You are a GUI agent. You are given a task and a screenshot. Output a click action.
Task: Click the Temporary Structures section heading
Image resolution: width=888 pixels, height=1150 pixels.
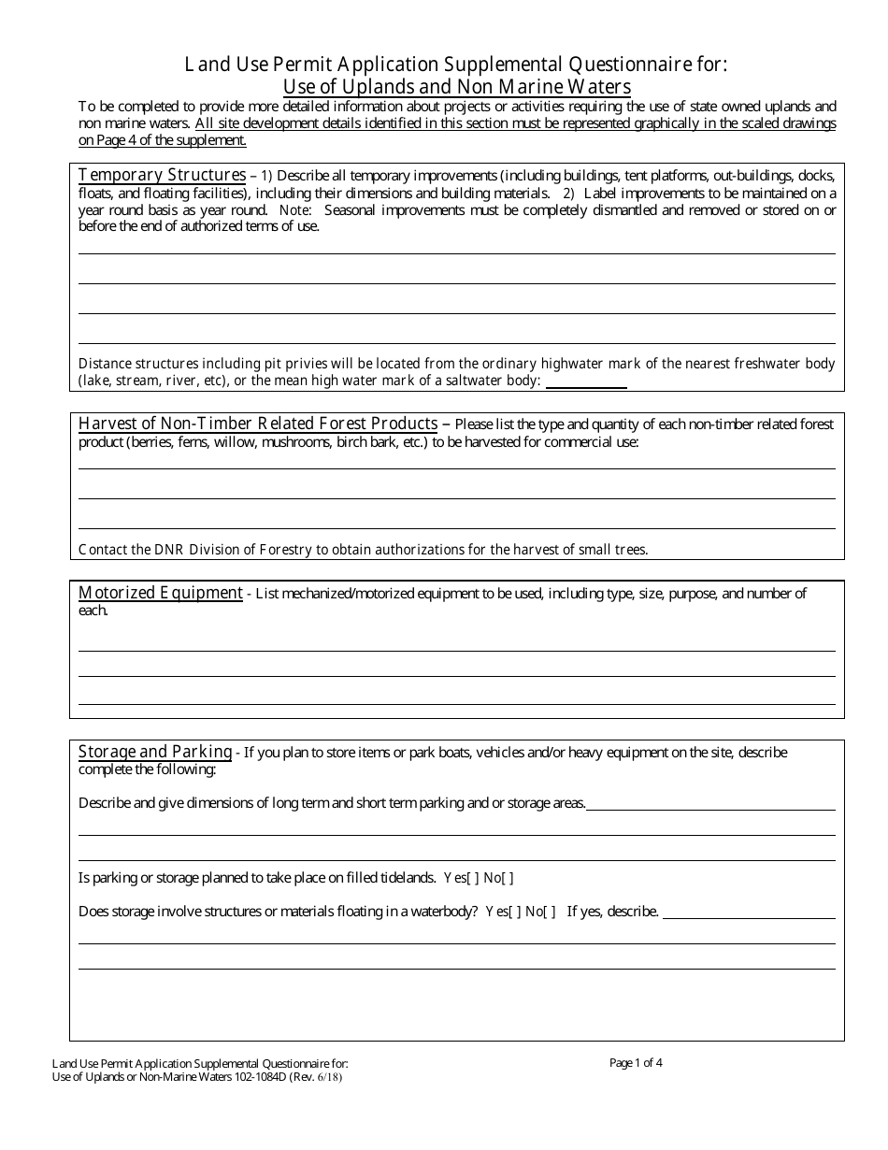[x=162, y=175]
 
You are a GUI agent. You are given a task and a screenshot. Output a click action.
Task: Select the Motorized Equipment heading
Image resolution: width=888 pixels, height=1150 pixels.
[x=160, y=593]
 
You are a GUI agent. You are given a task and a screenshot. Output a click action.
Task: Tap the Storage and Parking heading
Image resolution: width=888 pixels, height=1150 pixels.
[x=155, y=752]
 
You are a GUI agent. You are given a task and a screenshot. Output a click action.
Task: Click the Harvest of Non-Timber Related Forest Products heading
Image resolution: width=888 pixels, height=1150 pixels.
[x=258, y=424]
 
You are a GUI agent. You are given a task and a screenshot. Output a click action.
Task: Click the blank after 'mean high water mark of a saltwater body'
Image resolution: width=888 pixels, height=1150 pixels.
[x=586, y=381]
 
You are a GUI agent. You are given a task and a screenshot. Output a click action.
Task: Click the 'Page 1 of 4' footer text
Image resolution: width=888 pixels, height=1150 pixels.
[x=636, y=1062]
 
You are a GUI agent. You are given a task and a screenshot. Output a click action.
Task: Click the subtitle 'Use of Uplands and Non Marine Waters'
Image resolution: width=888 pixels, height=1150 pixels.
[x=457, y=87]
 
